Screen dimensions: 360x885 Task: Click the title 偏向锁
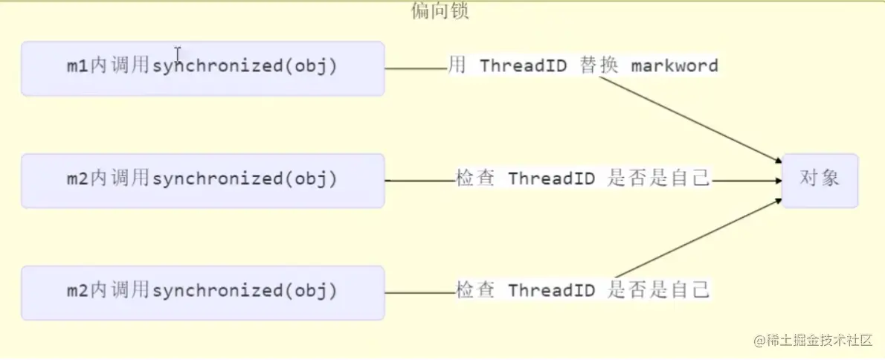point(440,12)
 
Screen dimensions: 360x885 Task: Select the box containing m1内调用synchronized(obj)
point(202,68)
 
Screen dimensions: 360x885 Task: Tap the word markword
point(675,65)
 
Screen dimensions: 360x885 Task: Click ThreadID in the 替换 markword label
point(524,65)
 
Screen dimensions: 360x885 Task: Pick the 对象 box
point(820,180)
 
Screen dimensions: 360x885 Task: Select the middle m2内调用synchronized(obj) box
point(202,180)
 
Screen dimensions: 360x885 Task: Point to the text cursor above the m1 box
point(178,52)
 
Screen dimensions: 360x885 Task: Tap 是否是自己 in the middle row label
point(659,179)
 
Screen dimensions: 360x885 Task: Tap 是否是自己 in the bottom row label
point(659,290)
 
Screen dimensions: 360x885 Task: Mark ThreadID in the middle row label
point(552,179)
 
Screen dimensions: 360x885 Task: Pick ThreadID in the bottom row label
point(552,290)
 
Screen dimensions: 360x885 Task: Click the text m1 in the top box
point(77,66)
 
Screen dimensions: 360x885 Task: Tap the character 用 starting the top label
point(457,65)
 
